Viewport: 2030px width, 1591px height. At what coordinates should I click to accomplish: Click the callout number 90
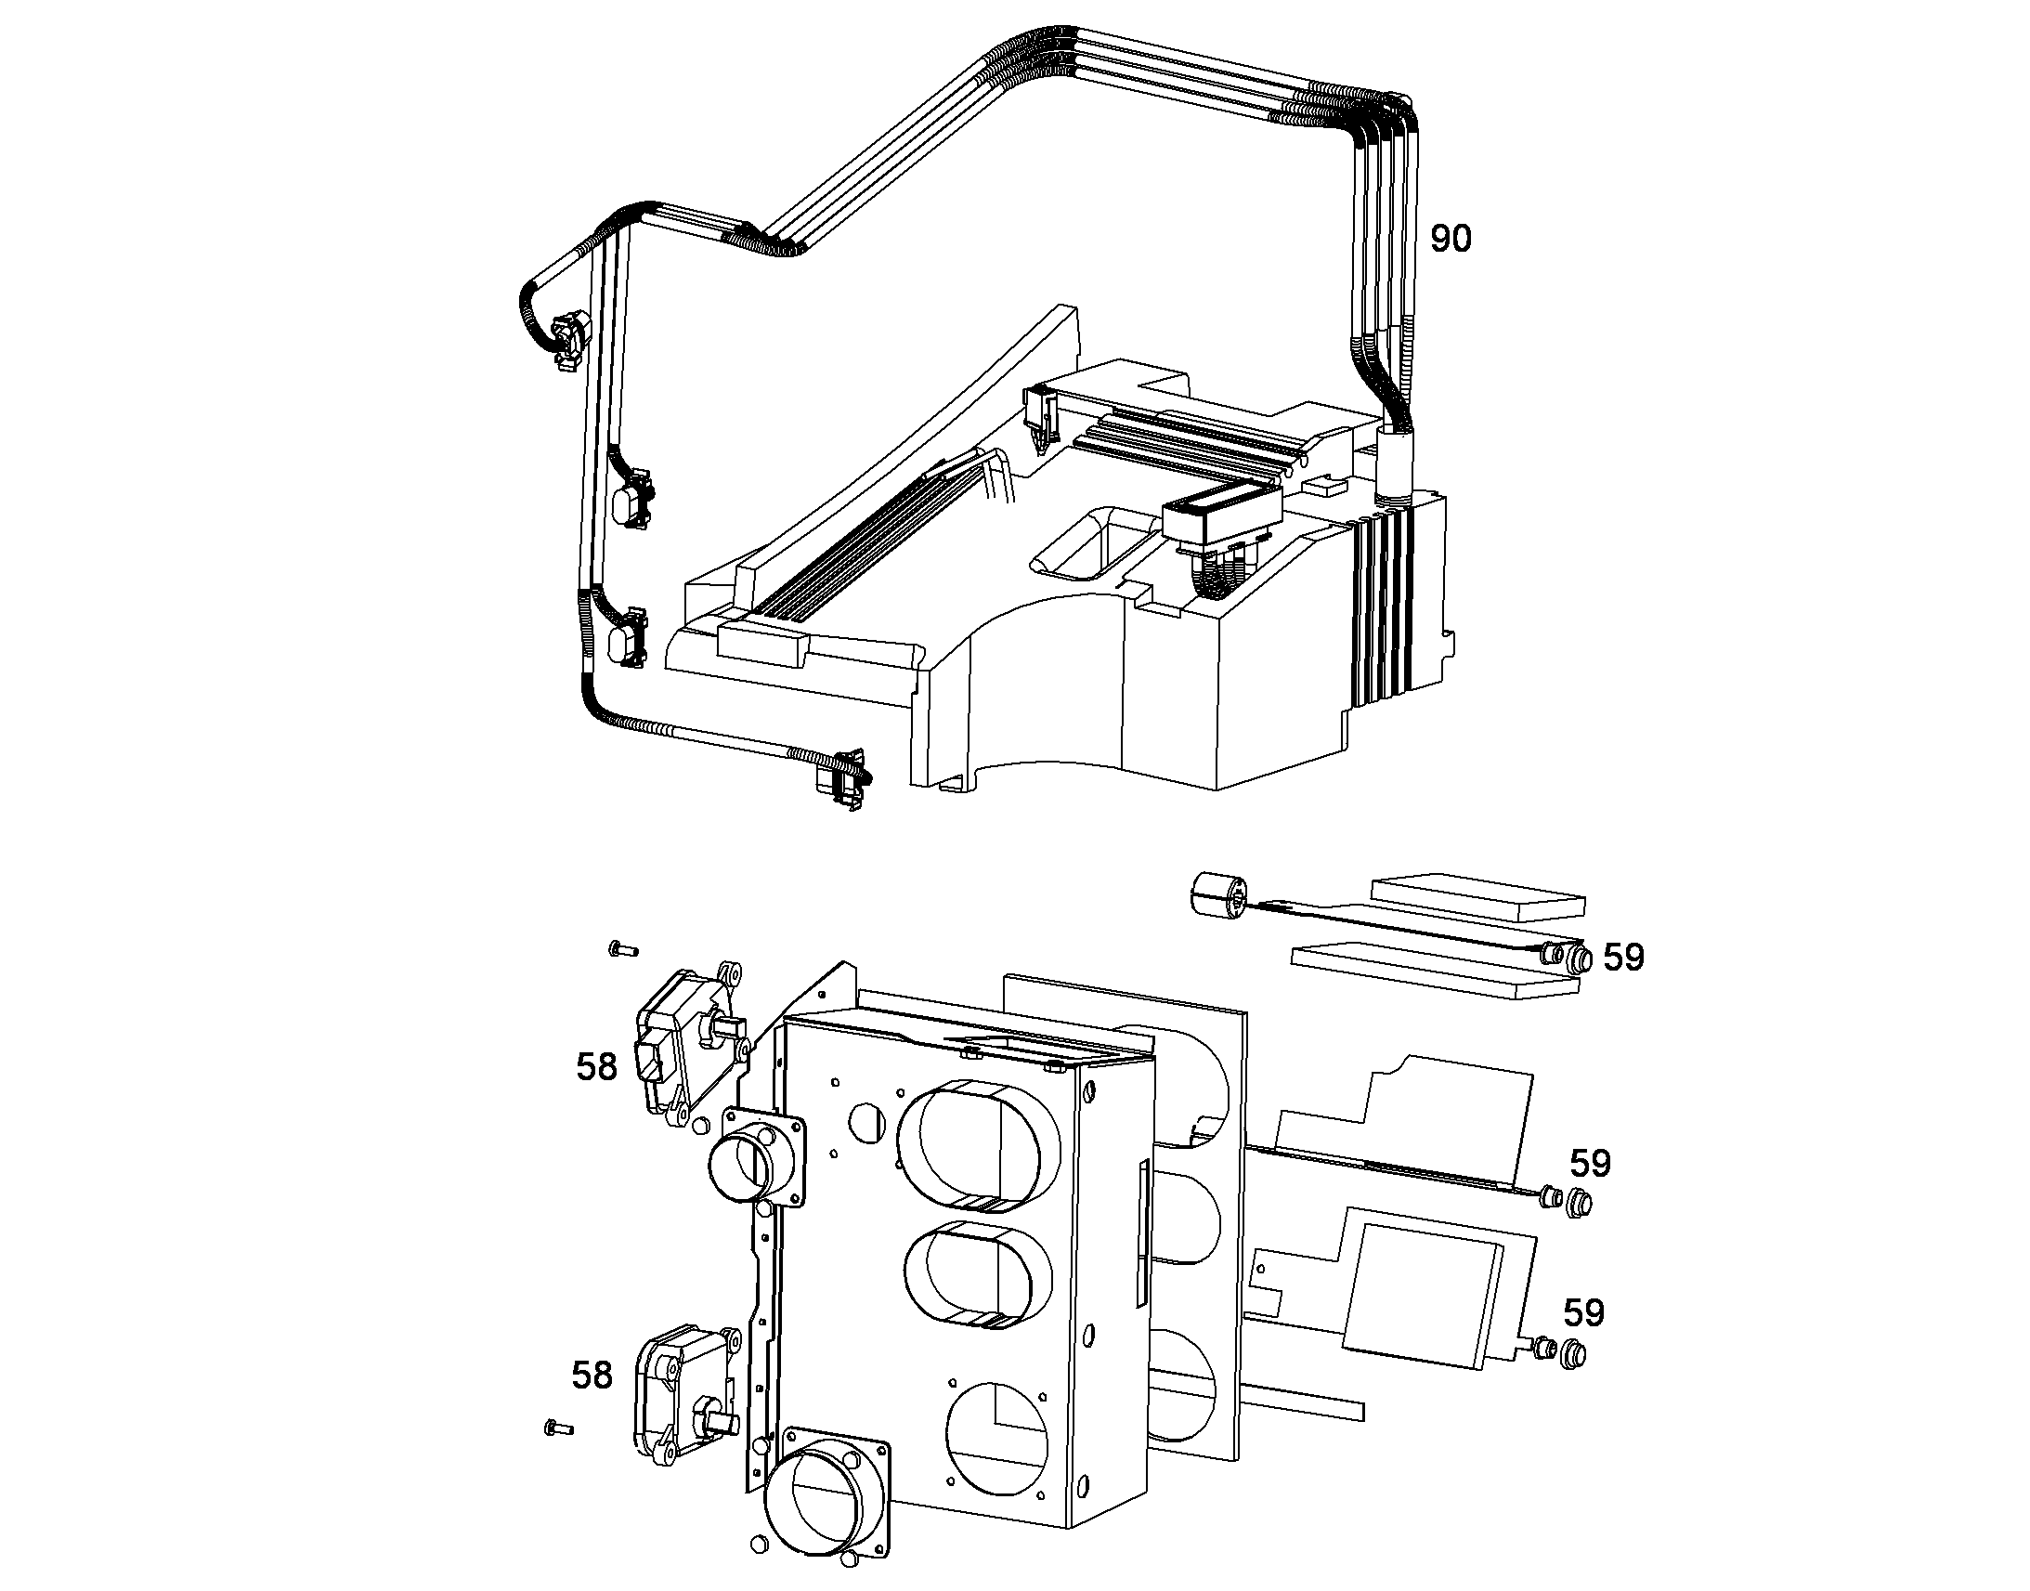[1451, 239]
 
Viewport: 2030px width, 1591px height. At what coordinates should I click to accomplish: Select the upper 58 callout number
[596, 1066]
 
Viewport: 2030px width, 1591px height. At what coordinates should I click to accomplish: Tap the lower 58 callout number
[592, 1375]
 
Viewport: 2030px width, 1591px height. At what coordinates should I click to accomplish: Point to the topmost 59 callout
[1623, 957]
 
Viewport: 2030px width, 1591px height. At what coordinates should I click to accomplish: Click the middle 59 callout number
[1591, 1163]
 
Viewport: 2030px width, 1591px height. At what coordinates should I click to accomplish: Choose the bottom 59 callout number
[1584, 1312]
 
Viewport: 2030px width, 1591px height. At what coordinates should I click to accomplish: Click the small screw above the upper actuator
[621, 949]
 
